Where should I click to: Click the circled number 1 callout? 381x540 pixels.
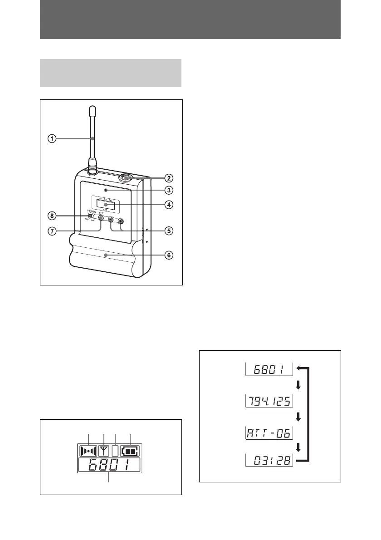53,139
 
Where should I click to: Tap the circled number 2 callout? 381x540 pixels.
168,177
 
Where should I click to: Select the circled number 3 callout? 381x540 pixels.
168,190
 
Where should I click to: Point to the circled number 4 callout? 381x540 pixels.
168,205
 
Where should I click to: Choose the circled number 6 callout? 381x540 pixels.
168,255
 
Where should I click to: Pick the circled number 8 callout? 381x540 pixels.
53,215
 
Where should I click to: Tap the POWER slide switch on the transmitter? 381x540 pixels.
91,216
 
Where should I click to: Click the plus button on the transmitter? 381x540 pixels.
121,221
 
